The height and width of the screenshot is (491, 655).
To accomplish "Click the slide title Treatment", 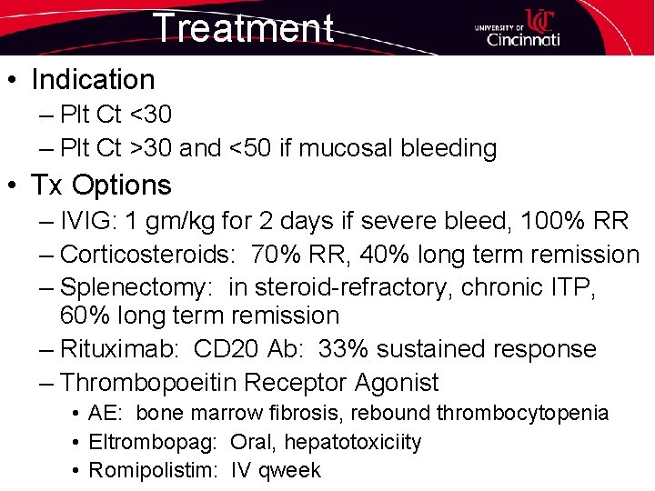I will [x=243, y=27].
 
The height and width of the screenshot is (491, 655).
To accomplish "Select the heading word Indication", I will [x=93, y=80].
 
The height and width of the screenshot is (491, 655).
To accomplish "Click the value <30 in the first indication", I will [x=149, y=115].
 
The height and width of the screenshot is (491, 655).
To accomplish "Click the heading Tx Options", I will [x=101, y=185].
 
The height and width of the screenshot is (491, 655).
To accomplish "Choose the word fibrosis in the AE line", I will [x=297, y=414].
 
